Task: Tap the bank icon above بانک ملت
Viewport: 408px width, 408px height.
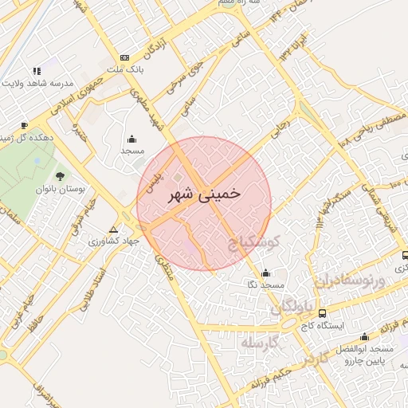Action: pos(124,57)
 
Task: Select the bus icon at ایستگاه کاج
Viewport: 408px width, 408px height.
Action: pos(322,313)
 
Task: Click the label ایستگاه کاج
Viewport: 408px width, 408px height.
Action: pos(320,326)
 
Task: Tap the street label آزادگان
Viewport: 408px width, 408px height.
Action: pos(156,48)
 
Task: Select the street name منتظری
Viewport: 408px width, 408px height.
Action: pos(163,270)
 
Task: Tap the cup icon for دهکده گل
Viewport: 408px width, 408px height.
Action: pos(24,125)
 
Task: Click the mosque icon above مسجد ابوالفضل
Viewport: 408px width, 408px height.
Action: pos(365,336)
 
